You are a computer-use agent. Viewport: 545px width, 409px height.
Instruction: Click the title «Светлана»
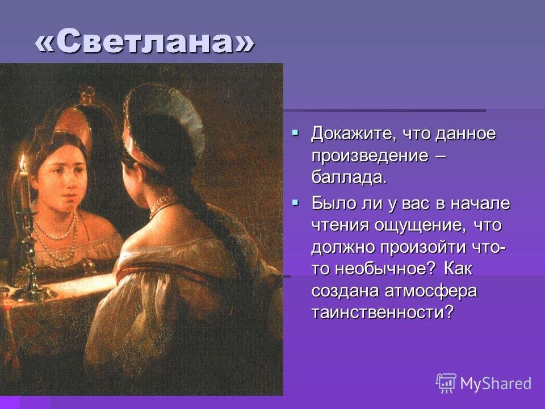pyautogui.click(x=145, y=41)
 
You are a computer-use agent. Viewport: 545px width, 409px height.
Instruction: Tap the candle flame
pyautogui.click(x=23, y=162)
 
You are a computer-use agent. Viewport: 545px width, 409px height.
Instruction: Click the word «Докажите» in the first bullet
pyautogui.click(x=353, y=134)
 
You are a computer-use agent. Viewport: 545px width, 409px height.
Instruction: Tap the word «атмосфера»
pyautogui.click(x=431, y=291)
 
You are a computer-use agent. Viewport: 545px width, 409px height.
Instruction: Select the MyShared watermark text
pyautogui.click(x=496, y=383)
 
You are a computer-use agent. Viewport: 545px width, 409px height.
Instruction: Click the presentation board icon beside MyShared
pyautogui.click(x=446, y=382)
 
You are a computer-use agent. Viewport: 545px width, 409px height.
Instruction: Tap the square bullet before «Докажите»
pyautogui.click(x=295, y=132)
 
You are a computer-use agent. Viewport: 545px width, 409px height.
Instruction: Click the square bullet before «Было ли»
pyautogui.click(x=295, y=202)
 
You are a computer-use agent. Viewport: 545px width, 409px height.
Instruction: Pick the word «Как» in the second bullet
pyautogui.click(x=458, y=269)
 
